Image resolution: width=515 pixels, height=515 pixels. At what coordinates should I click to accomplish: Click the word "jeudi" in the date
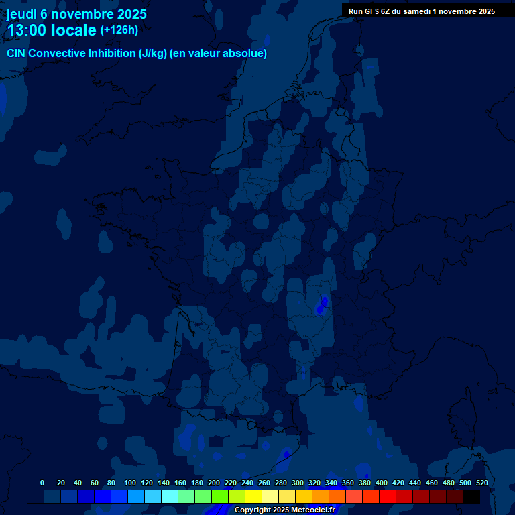pyautogui.click(x=22, y=14)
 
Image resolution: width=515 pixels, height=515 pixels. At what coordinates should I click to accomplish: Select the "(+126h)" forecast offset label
pyautogui.click(x=119, y=30)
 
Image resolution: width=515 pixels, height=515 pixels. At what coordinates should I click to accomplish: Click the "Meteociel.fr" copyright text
pyautogui.click(x=312, y=510)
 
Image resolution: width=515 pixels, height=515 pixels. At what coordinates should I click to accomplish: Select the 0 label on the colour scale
pyautogui.click(x=42, y=483)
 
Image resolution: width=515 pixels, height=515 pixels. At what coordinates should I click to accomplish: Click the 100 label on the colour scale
pyautogui.click(x=130, y=483)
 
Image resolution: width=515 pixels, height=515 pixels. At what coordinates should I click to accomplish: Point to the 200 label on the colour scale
pyautogui.click(x=214, y=483)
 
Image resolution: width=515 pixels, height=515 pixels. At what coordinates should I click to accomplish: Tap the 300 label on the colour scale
pyautogui.click(x=298, y=483)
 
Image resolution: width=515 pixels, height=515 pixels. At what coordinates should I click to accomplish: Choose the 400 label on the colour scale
pyautogui.click(x=382, y=483)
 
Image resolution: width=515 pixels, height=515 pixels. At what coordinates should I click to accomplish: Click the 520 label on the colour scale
pyautogui.click(x=481, y=483)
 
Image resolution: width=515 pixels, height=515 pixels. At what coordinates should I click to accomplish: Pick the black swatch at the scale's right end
pyautogui.click(x=471, y=496)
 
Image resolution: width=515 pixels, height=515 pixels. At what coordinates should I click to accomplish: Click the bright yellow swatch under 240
pyautogui.click(x=253, y=496)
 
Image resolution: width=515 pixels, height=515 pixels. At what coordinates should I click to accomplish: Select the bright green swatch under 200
pyautogui.click(x=220, y=496)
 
